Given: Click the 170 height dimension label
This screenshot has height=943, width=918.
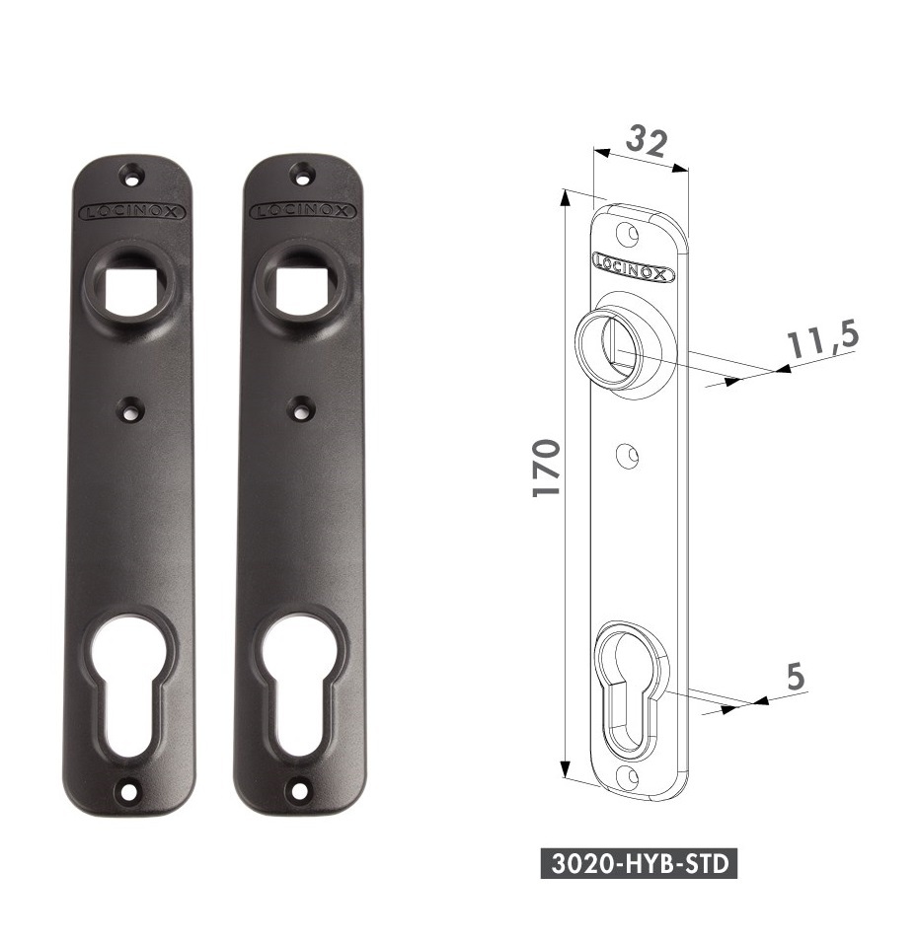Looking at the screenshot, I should pos(548,468).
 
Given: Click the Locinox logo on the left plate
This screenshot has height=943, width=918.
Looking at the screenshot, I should pos(131,211).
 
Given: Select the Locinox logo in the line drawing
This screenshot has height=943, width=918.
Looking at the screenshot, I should pos(633,266).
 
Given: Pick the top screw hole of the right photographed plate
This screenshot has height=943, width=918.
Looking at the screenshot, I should pos(300,175).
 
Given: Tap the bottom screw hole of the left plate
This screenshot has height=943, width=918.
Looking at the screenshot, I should pos(128,789).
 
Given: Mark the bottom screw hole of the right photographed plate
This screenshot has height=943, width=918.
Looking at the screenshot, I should pos(297,789).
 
